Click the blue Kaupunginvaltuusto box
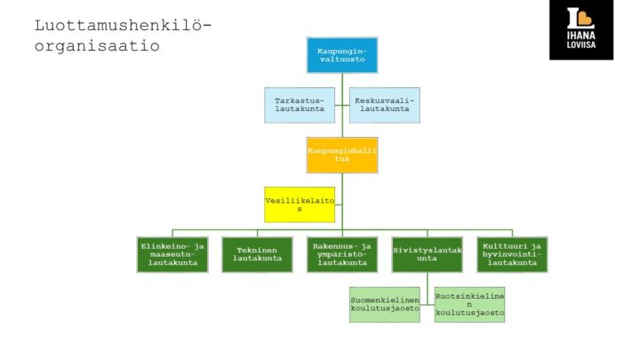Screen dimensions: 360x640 (x=342, y=55)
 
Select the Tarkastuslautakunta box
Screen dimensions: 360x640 (x=300, y=105)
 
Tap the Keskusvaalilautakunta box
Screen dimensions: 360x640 (x=383, y=105)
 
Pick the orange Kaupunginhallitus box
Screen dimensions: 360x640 (x=342, y=155)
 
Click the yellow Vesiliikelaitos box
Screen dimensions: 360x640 (x=300, y=204)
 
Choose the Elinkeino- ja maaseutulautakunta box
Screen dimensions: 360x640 (x=172, y=254)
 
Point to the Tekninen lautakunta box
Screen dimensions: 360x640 (x=258, y=254)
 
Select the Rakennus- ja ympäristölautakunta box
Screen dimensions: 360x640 (x=342, y=254)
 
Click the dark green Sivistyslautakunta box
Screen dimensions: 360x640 (x=428, y=254)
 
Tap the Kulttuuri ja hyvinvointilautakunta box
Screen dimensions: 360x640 (x=512, y=254)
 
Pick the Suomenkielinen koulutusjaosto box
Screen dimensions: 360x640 (x=384, y=304)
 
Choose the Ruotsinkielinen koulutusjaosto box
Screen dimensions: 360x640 (x=470, y=304)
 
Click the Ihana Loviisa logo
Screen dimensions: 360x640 (x=581, y=30)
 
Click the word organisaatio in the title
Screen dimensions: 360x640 (x=97, y=45)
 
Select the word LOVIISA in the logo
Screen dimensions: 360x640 (x=581, y=48)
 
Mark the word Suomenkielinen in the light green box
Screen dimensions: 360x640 (x=384, y=300)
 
